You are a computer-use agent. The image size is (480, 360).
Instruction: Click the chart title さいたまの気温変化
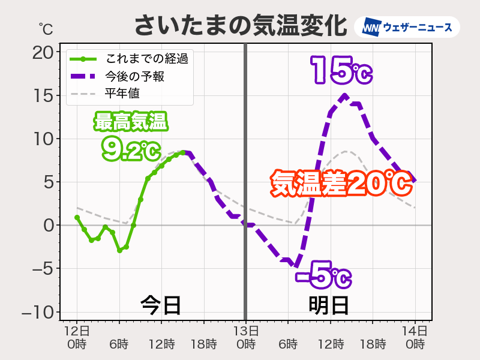click(240, 26)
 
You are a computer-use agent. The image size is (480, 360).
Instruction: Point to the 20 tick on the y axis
click(43, 53)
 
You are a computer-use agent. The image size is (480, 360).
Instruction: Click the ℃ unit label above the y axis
click(46, 28)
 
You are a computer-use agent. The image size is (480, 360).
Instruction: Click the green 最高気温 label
click(131, 122)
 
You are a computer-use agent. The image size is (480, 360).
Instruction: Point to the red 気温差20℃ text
click(341, 183)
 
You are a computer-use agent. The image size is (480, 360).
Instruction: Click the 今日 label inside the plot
click(161, 305)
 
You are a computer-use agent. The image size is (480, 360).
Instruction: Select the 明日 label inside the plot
click(329, 305)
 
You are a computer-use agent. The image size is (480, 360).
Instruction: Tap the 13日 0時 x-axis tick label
click(245, 337)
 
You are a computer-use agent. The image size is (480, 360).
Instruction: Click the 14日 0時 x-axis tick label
click(415, 337)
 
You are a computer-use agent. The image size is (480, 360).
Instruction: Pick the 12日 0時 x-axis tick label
click(77, 337)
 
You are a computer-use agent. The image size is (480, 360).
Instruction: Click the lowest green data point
click(119, 250)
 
